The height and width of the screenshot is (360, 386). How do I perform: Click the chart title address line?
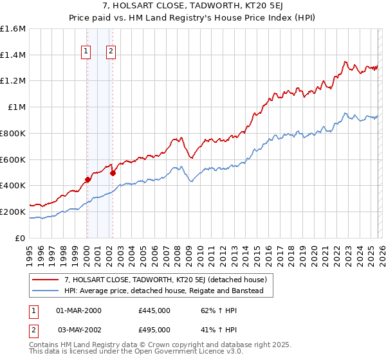tap(192, 6)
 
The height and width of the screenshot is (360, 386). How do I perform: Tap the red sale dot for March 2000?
tap(87, 180)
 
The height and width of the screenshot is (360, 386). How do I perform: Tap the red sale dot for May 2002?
tap(113, 173)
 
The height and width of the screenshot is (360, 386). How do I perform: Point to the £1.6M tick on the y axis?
tap(13, 29)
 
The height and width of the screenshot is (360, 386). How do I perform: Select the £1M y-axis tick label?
tap(15, 107)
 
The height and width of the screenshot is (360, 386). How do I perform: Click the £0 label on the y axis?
tap(21, 238)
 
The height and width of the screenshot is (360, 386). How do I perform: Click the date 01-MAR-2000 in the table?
tap(78, 310)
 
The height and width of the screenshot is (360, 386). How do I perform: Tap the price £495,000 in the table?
tap(154, 330)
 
